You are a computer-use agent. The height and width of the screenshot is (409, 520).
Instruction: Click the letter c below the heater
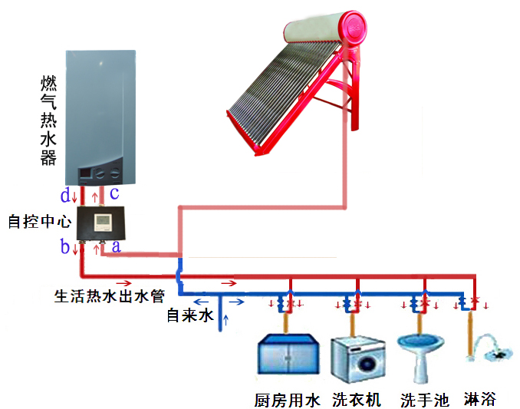click(114, 193)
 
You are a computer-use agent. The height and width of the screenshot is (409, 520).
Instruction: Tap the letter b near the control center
click(66, 247)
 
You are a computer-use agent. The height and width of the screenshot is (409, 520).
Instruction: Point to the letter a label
click(116, 246)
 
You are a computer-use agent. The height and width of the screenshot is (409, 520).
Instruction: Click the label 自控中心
click(39, 222)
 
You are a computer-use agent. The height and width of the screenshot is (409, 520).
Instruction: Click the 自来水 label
click(188, 315)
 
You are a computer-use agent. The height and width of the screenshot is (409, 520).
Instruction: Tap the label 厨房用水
click(286, 400)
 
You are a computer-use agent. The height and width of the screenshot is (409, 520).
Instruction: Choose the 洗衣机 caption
click(357, 400)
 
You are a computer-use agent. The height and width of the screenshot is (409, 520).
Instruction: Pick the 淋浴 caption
click(480, 399)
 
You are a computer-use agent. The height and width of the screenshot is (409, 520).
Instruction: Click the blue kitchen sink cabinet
click(286, 357)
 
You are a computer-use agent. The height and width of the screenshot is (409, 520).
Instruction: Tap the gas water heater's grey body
click(100, 107)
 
